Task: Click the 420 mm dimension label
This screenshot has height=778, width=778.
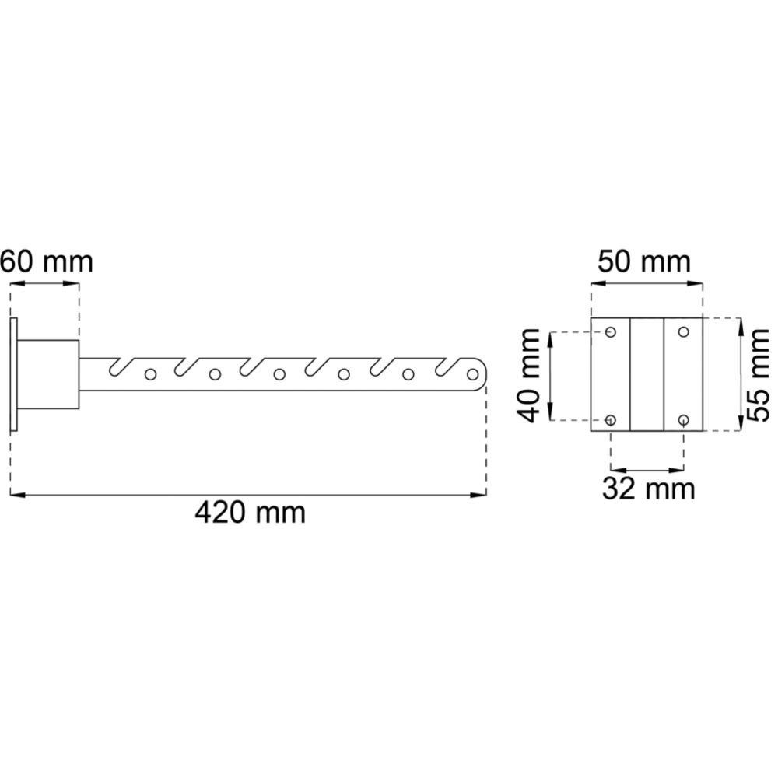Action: click(x=250, y=513)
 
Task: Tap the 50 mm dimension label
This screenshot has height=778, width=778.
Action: click(x=643, y=261)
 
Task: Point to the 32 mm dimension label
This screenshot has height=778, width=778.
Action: click(x=648, y=489)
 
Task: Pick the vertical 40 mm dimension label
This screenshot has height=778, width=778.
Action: click(x=528, y=375)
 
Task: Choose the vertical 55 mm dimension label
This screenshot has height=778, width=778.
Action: click(x=758, y=375)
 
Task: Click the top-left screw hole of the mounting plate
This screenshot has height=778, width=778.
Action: click(x=611, y=331)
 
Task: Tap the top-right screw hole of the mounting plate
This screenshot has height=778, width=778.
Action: click(x=684, y=331)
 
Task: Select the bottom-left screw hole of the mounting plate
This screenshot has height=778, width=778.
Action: click(x=611, y=420)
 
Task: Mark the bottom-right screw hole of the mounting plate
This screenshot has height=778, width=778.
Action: click(x=684, y=420)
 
